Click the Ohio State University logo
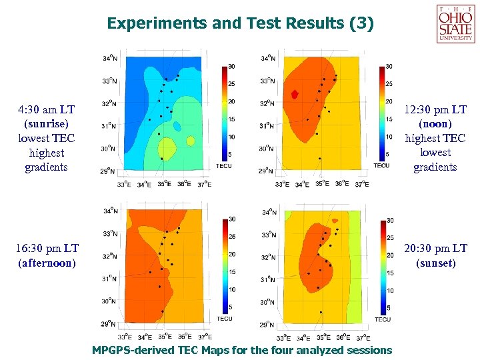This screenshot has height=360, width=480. pos(455,23)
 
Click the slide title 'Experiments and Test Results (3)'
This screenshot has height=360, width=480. pos(241,24)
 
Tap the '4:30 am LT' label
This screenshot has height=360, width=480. pos(46,109)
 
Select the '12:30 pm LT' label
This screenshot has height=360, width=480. pos(435,109)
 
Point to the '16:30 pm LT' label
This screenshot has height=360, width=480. pos(46,248)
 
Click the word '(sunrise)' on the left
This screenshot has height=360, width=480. pos(46,123)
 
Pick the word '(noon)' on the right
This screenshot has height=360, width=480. pos(435,123)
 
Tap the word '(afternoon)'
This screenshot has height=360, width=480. pos(46,263)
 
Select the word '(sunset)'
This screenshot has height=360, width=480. pos(435,263)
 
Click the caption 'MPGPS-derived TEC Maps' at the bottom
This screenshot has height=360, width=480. pos(241,350)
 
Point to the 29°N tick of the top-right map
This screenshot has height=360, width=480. pos(267,171)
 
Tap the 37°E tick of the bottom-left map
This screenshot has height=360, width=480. pos(205,337)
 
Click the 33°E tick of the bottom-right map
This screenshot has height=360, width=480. pos(283,337)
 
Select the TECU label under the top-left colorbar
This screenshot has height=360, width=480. pos(224,165)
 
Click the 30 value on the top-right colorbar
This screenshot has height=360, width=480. pos(389,66)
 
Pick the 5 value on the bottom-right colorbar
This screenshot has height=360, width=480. pos(389,308)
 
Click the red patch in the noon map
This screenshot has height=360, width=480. pos(295,94)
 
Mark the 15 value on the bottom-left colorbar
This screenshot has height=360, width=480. pos(231,271)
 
